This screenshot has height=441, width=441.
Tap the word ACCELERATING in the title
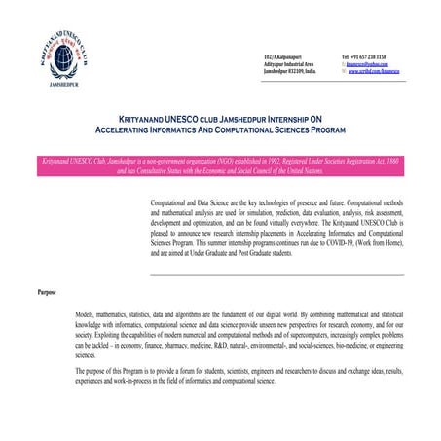132,128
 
